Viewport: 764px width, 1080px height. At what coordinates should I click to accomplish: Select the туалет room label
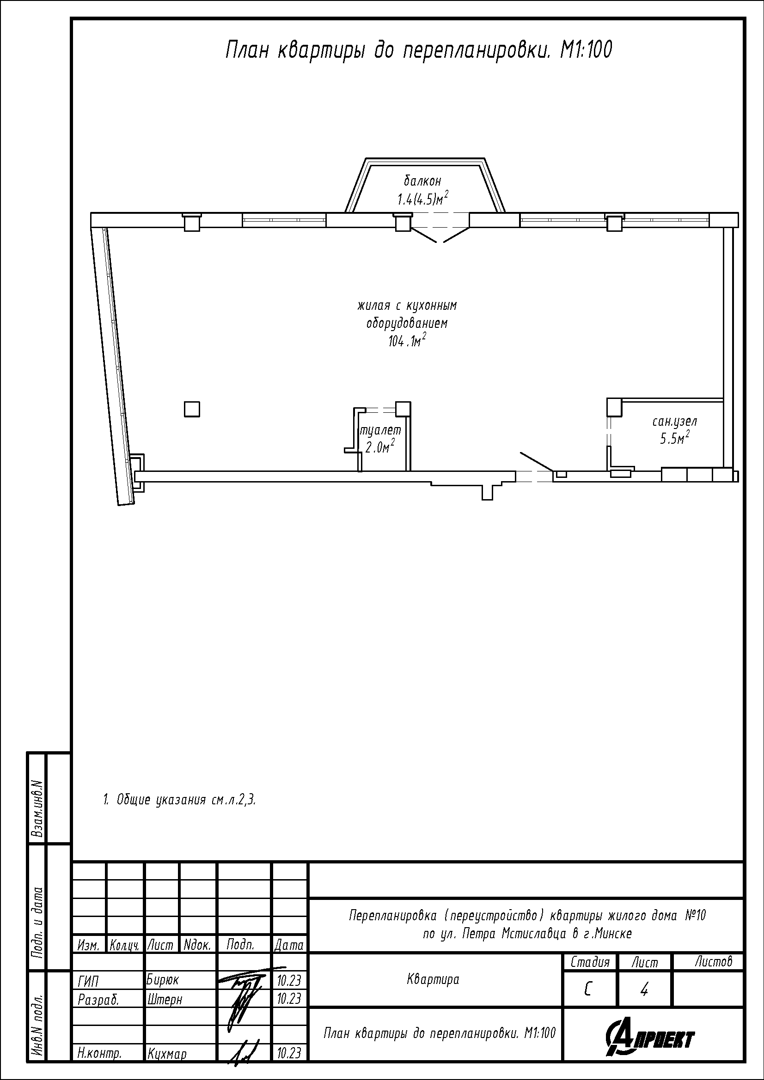point(381,429)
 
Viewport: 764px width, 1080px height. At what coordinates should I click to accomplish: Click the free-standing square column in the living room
point(192,409)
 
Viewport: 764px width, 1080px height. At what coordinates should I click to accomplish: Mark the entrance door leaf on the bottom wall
point(536,461)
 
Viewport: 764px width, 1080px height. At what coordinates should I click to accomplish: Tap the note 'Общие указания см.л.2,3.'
point(180,800)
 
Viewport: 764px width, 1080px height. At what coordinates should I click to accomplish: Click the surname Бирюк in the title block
point(163,980)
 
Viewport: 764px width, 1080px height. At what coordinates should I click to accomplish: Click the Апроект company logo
point(650,1036)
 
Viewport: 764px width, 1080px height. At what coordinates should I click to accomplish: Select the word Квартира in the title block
point(433,980)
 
